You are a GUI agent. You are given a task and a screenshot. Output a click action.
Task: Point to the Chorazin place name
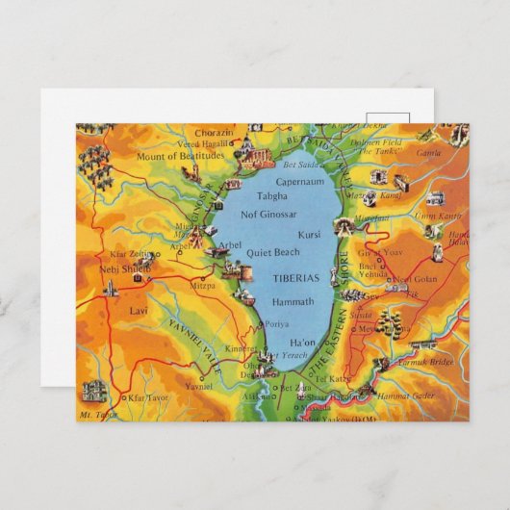pos(213,132)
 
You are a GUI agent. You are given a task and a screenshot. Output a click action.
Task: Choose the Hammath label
pos(293,301)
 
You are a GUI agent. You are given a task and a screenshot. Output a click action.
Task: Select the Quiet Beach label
pos(273,253)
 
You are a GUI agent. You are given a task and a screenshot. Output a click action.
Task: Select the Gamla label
pos(428,152)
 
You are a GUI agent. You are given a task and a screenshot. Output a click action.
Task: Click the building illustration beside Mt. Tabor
pos(94,391)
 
